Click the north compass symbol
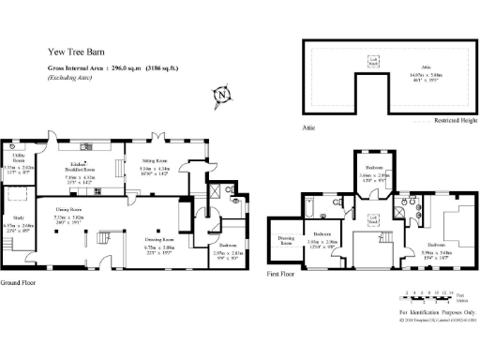221,95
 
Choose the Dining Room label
70,208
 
